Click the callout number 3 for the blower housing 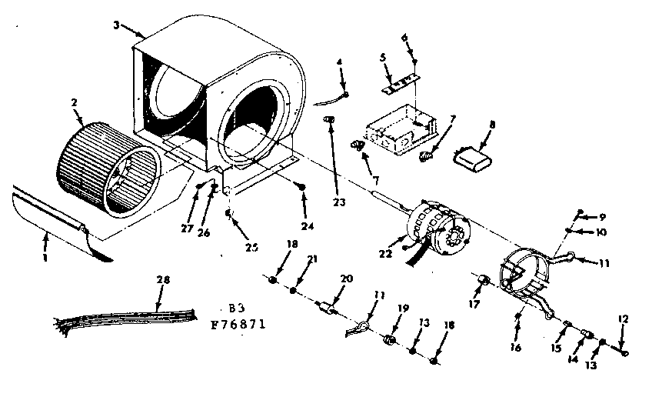(x=115, y=25)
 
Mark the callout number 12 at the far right (x=624, y=319)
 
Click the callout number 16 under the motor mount (x=515, y=347)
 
